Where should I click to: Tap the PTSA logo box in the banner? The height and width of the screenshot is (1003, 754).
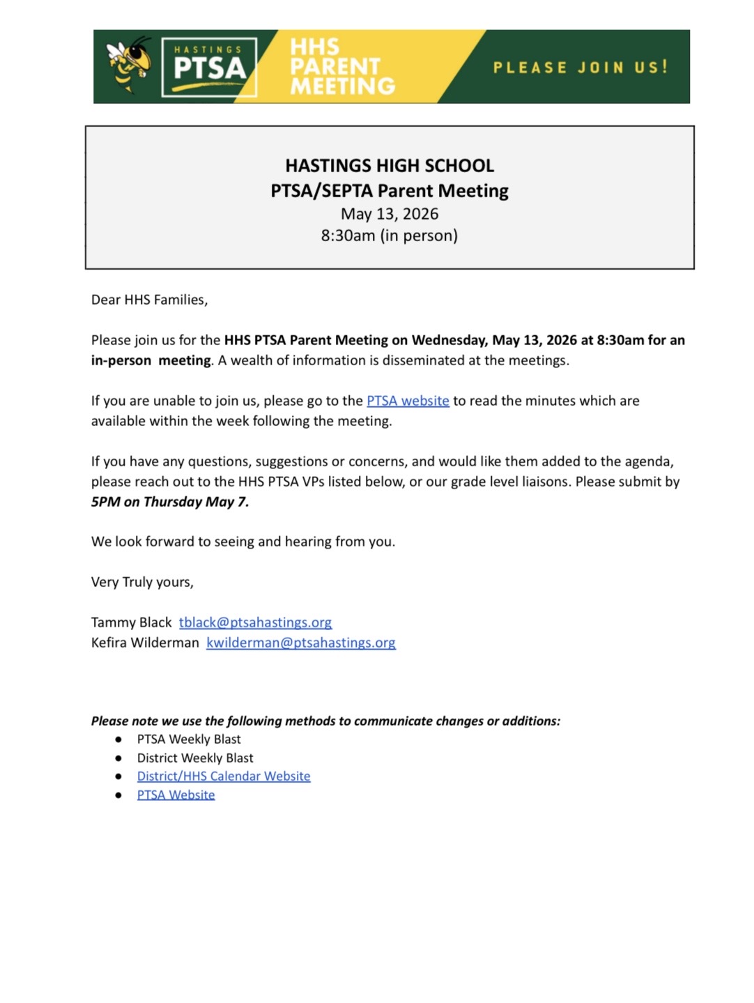pos(209,67)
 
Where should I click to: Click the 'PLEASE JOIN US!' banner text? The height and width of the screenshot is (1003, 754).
pos(580,68)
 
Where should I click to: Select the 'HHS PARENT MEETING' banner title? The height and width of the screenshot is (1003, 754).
pos(341,67)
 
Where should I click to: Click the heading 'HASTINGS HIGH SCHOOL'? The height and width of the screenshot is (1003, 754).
pos(390,166)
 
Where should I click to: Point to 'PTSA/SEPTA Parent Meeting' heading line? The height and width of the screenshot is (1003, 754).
pos(390,191)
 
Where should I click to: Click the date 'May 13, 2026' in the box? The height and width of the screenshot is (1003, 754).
pos(390,214)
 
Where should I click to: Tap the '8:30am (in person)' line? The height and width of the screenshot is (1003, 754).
pos(390,236)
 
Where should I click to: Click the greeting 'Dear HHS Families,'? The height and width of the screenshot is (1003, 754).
pos(150,300)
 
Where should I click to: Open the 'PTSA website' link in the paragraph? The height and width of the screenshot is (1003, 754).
pos(408,401)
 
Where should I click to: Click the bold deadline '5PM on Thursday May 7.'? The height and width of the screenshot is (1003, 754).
pos(170,502)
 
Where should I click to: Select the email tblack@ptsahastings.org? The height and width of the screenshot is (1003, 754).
pos(255,622)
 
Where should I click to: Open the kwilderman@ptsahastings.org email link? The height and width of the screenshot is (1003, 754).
pos(301,643)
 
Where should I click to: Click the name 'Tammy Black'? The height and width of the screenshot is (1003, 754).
pos(131,622)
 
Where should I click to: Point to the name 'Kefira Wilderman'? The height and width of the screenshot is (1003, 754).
pos(145,643)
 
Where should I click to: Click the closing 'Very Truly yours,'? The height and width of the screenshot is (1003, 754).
pos(142,582)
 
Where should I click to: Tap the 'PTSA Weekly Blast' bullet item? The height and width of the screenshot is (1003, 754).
pos(189,740)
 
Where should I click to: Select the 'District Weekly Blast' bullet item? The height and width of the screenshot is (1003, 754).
pos(195,758)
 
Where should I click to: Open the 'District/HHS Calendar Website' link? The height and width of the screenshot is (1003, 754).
pos(224,776)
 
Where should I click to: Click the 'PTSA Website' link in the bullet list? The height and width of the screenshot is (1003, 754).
pos(176,795)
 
